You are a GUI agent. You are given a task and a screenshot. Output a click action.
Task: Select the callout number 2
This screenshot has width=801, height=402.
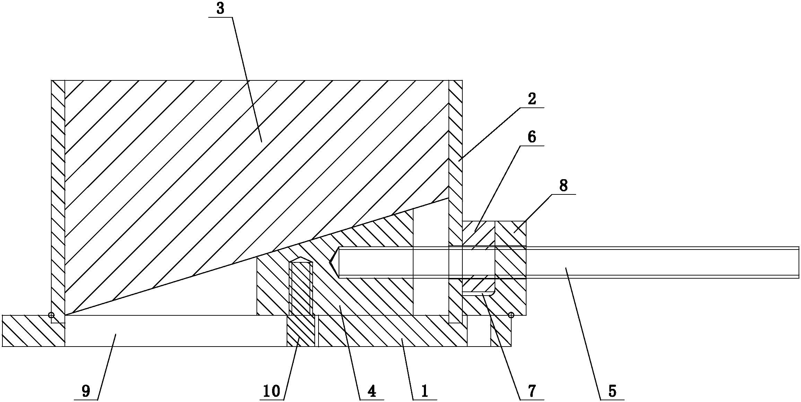pyautogui.click(x=532, y=99)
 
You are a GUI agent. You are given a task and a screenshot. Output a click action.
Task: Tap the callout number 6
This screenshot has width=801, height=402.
pyautogui.click(x=532, y=137)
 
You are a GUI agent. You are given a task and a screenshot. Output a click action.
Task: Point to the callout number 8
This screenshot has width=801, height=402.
pyautogui.click(x=564, y=186)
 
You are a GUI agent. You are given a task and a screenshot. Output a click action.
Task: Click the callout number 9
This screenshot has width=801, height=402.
pyautogui.click(x=86, y=391)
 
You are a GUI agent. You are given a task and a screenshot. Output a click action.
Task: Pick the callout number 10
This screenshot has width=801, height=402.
pyautogui.click(x=271, y=391)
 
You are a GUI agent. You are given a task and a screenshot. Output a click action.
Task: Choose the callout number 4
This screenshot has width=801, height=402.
pyautogui.click(x=371, y=391)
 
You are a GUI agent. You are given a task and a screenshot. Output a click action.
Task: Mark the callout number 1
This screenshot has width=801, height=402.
pyautogui.click(x=425, y=391)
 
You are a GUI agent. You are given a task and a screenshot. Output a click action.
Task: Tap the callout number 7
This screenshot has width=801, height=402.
pyautogui.click(x=532, y=391)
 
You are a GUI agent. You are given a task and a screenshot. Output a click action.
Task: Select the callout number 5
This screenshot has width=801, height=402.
pyautogui.click(x=612, y=391)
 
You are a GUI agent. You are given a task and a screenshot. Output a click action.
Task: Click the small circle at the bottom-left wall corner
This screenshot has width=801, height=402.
pyautogui.click(x=51, y=315)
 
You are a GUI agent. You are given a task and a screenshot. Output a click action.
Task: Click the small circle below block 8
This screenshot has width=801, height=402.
pyautogui.click(x=511, y=315)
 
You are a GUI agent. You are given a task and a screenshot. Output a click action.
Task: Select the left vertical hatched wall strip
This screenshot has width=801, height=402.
pyautogui.click(x=58, y=198)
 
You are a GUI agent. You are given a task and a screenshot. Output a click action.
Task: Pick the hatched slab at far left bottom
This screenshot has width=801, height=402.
pyautogui.click(x=33, y=331)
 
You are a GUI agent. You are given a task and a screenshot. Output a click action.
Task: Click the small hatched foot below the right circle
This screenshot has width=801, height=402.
pyautogui.click(x=501, y=331)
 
